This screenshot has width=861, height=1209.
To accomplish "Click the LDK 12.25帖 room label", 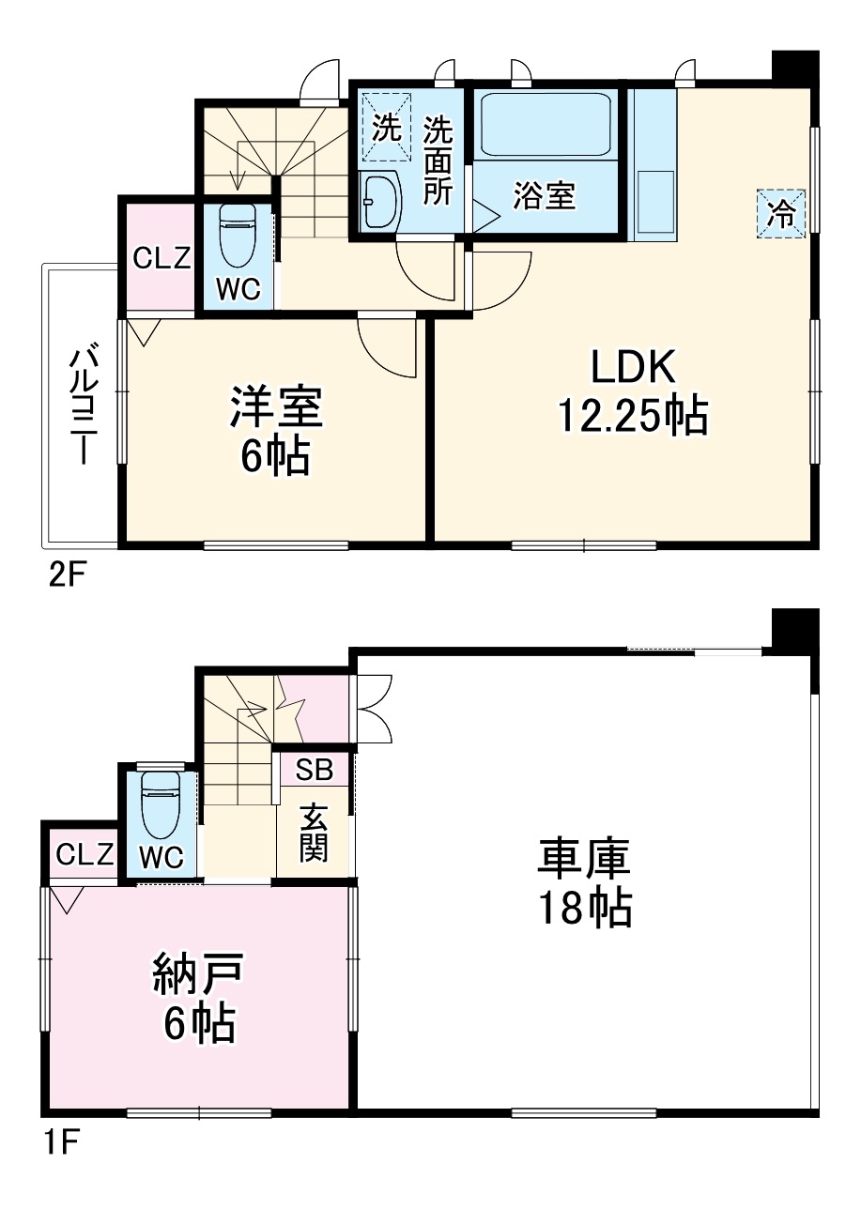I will (x=632, y=391).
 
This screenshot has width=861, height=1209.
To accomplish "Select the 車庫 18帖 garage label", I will (x=583, y=882).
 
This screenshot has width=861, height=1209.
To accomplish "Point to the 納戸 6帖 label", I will (x=198, y=997).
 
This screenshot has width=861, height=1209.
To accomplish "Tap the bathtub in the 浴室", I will (x=546, y=126).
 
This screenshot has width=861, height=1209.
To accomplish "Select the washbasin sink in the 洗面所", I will (x=380, y=201).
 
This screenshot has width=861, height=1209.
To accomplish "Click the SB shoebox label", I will (x=314, y=770).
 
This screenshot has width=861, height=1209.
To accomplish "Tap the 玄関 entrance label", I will (x=315, y=833).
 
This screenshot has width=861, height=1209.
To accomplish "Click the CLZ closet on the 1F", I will (x=85, y=854).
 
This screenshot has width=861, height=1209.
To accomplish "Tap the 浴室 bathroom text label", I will (x=545, y=196).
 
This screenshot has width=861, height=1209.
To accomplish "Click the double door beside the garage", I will (x=370, y=711).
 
